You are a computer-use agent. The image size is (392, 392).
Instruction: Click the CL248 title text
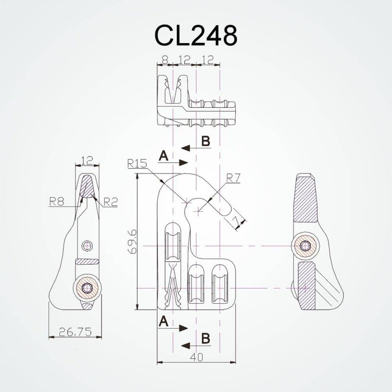tap(196, 35)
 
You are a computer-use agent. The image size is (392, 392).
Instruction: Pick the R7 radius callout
tap(233, 179)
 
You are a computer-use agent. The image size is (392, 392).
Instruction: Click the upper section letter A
tap(164, 156)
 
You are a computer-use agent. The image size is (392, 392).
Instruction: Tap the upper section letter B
tap(205, 141)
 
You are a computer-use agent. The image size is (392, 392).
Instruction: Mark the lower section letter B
tap(205, 338)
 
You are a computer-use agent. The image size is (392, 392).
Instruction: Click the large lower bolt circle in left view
tap(87, 288)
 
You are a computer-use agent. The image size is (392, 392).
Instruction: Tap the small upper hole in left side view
tap(87, 244)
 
